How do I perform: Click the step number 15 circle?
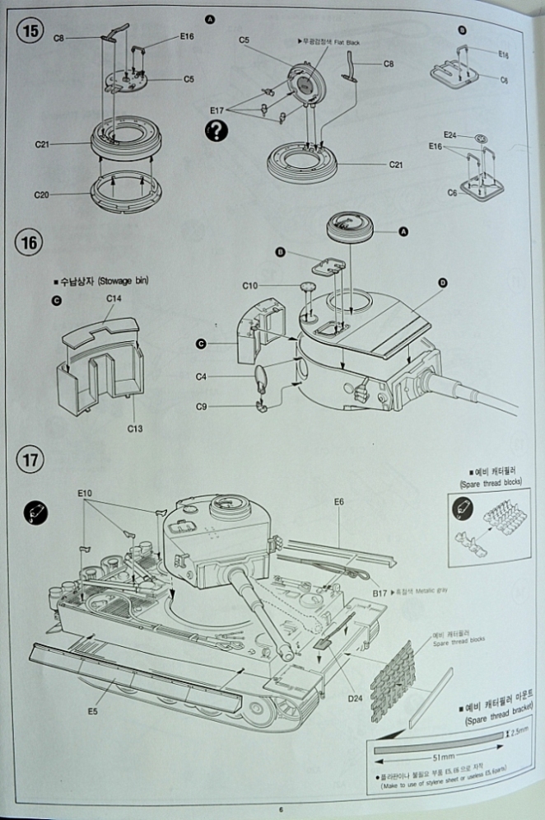click(30, 31)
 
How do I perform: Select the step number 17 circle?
click(30, 459)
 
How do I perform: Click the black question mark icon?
click(219, 129)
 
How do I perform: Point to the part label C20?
click(43, 194)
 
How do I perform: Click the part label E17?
click(217, 110)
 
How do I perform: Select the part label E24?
click(450, 134)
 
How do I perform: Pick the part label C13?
click(136, 427)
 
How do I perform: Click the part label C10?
click(250, 285)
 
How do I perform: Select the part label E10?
click(86, 492)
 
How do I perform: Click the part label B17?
click(380, 592)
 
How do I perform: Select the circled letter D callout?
click(443, 283)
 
